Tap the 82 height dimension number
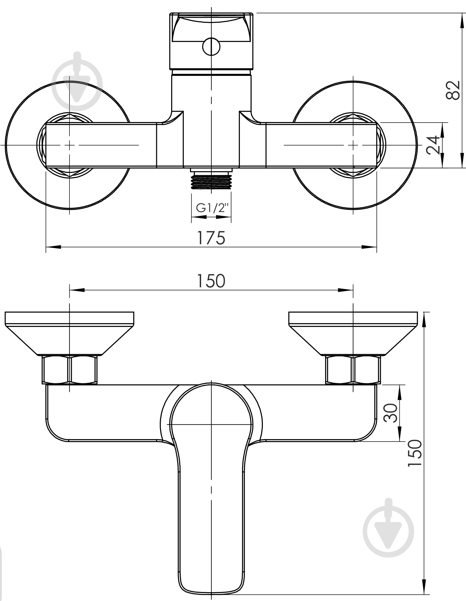453,90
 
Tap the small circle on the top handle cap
211,46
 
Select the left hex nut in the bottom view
70,370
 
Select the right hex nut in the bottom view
353,370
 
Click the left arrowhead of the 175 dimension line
53,247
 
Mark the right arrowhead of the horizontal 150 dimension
346,290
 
